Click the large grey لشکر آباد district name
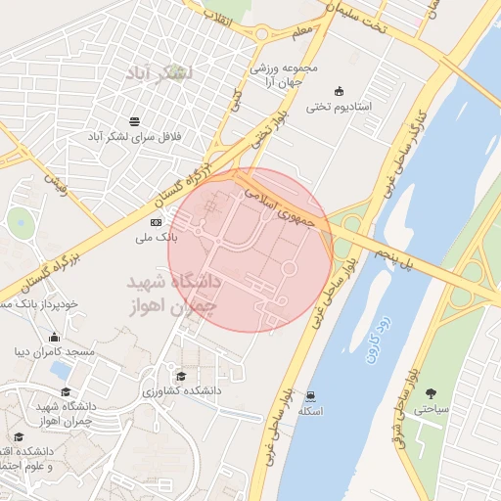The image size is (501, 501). click(x=161, y=73)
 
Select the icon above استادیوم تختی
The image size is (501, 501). click(x=339, y=91)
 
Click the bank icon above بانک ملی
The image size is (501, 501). click(x=155, y=223)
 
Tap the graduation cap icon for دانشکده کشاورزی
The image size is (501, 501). click(x=179, y=376)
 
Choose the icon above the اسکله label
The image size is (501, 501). click(x=310, y=396)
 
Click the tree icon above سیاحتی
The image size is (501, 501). click(x=430, y=394)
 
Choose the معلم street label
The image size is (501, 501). click(x=303, y=35)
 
